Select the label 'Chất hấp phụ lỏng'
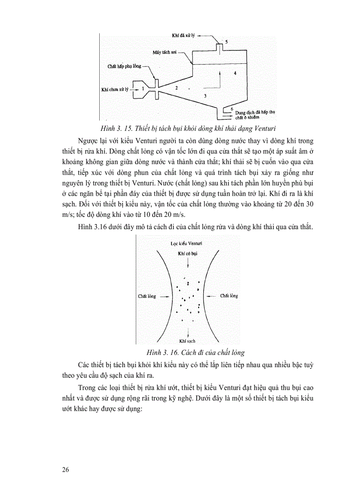click(x=125, y=66)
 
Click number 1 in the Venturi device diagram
click(x=143, y=89)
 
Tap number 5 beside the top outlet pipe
click(x=226, y=41)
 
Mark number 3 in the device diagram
click(x=204, y=95)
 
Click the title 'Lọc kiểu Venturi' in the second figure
click(x=187, y=243)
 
